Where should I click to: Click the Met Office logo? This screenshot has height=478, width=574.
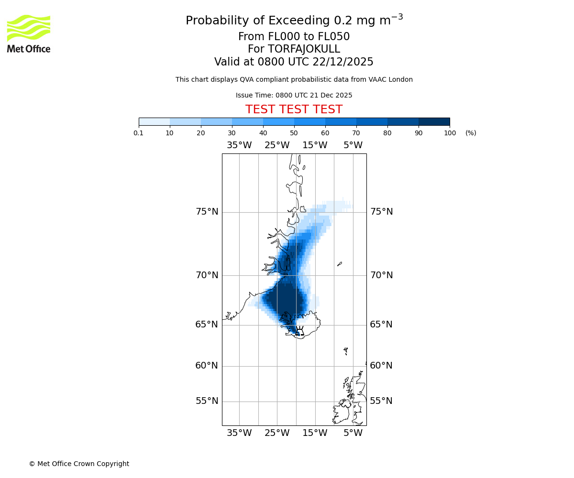(x=29, y=33)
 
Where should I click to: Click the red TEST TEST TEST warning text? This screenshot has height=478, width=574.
(x=294, y=110)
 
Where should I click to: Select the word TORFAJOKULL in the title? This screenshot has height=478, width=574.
(x=304, y=49)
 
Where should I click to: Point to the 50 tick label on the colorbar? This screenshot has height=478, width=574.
(x=294, y=133)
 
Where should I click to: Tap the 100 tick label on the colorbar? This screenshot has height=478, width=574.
(x=450, y=133)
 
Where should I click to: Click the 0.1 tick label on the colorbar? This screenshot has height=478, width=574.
(x=139, y=133)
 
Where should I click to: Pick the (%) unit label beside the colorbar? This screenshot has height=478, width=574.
(x=471, y=133)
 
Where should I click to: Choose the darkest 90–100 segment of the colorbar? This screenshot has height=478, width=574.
(x=434, y=121)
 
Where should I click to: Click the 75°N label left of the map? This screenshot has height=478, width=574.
(x=207, y=212)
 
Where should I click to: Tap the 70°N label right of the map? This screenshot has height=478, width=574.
(x=381, y=275)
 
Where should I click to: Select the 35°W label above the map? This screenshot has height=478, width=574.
(x=239, y=145)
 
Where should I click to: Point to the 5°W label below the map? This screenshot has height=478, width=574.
(x=353, y=433)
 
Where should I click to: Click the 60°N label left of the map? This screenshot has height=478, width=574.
(x=207, y=366)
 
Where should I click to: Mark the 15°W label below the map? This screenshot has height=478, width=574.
(x=315, y=433)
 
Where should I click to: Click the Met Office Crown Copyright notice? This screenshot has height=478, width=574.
(x=79, y=464)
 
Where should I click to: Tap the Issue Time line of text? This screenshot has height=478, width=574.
(x=294, y=96)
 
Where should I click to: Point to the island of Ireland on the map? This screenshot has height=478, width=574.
(x=342, y=413)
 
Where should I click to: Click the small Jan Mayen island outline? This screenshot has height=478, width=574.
(x=340, y=264)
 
